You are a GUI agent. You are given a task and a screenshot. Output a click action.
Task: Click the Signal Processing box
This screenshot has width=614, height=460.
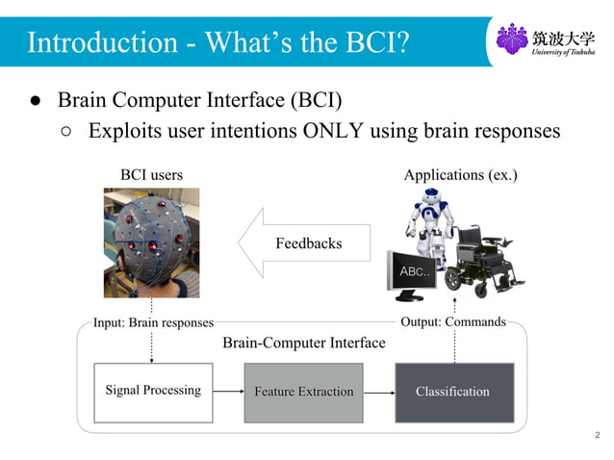(x=152, y=392)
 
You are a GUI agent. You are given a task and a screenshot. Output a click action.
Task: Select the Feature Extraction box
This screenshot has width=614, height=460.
(x=303, y=392)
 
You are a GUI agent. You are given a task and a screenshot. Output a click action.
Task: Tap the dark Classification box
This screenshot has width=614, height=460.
(x=453, y=392)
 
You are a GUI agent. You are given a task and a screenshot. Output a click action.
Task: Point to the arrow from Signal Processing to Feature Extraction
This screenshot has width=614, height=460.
(x=227, y=392)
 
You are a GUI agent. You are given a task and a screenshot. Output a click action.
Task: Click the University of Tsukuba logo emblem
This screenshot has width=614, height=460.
(x=511, y=39)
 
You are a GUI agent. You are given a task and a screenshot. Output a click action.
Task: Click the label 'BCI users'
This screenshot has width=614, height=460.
(x=151, y=175)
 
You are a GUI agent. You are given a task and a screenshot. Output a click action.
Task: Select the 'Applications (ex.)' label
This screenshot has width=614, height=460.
(x=460, y=175)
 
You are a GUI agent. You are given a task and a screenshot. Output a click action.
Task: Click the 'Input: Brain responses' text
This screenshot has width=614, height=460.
(x=153, y=323)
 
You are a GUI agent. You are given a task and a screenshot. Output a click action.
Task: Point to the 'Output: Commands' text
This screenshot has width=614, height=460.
(x=452, y=321)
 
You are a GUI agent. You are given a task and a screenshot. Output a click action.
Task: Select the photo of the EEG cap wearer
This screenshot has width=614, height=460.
(x=151, y=242)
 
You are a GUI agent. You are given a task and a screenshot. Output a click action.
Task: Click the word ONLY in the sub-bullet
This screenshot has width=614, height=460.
(x=333, y=131)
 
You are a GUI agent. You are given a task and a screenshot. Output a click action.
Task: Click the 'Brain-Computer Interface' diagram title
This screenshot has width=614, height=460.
(x=303, y=343)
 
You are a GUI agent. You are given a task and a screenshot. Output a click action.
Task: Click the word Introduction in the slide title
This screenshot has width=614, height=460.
(x=94, y=42)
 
